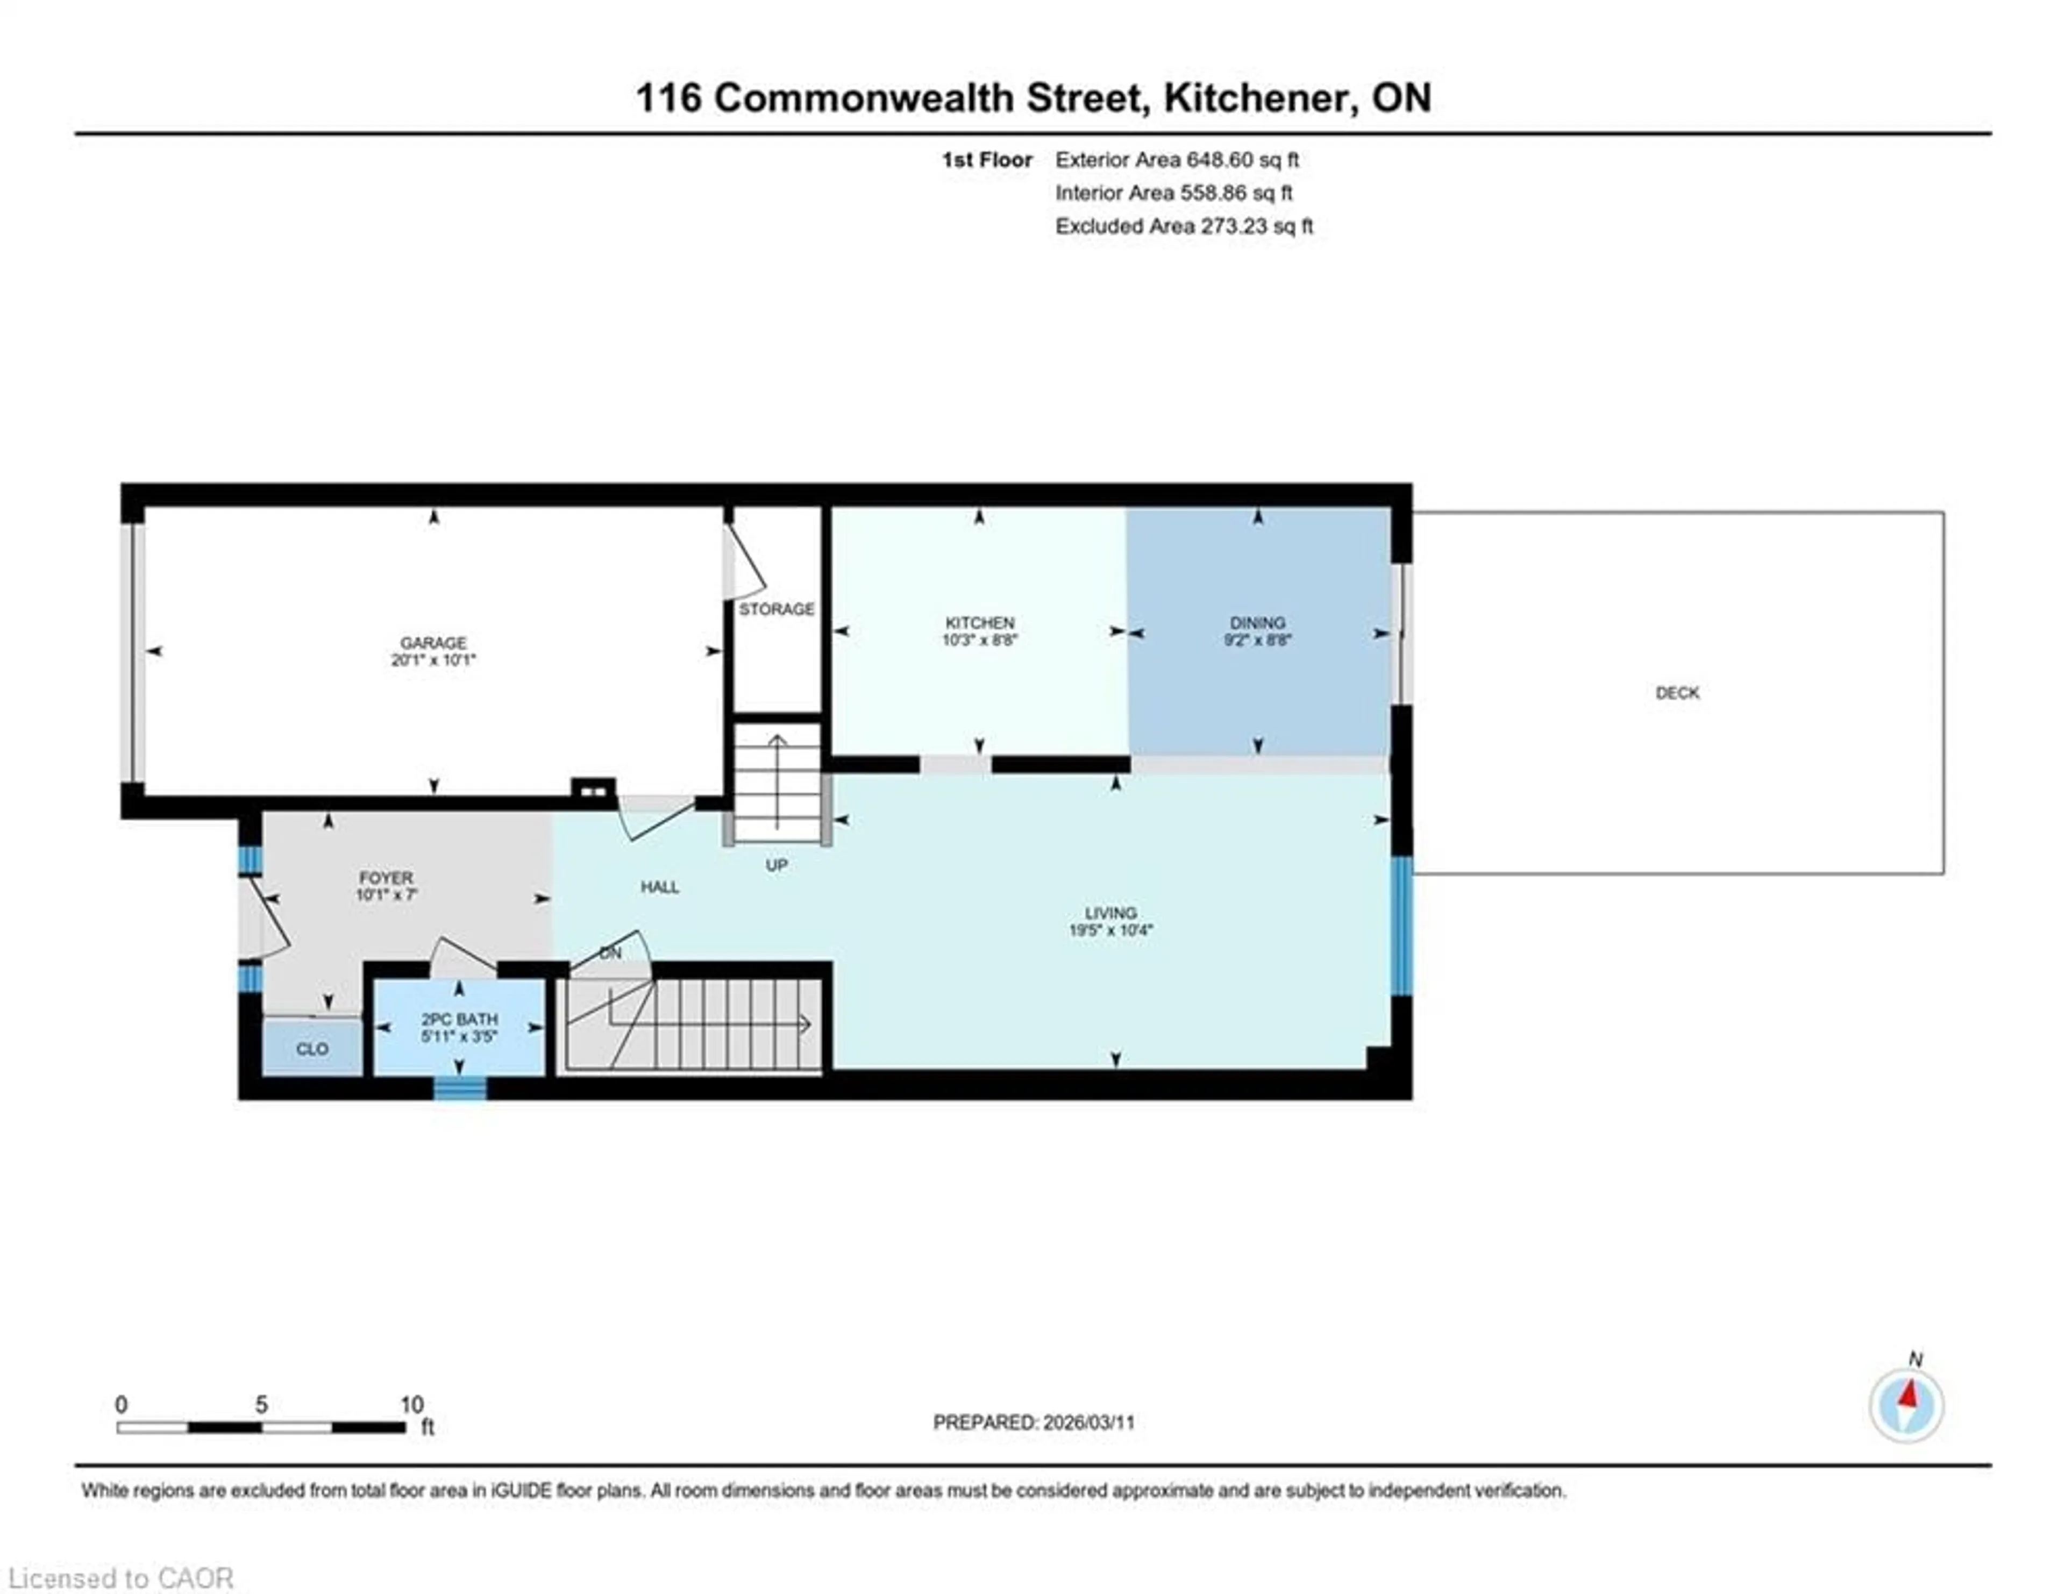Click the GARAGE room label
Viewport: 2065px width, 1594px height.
432,643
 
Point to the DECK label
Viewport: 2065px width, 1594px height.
1676,693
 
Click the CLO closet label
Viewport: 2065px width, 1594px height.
312,1049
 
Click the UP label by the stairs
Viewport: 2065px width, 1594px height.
777,866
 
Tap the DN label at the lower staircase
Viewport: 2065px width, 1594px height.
610,953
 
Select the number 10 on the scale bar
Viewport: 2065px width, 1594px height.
411,1405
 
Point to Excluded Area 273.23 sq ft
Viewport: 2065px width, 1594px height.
1184,226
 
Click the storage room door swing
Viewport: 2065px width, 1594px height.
745,565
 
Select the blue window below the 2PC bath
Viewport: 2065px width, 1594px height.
460,1089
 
